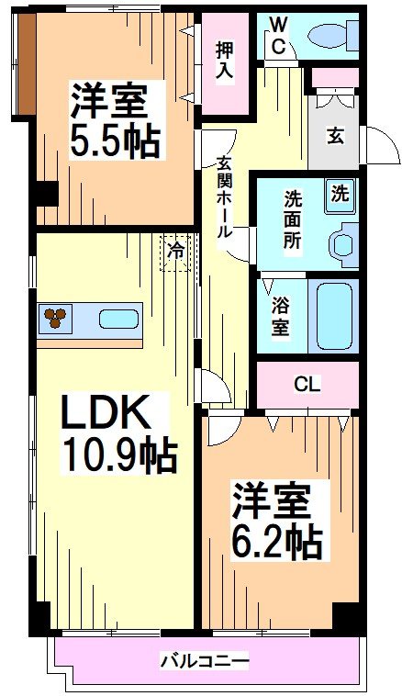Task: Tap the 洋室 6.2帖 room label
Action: [274, 521]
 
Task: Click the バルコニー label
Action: [205, 659]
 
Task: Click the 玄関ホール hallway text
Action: [223, 197]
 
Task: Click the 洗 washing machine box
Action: [340, 193]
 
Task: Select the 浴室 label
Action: [281, 314]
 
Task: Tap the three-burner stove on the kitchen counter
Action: [58, 318]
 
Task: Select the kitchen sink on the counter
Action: [118, 320]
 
